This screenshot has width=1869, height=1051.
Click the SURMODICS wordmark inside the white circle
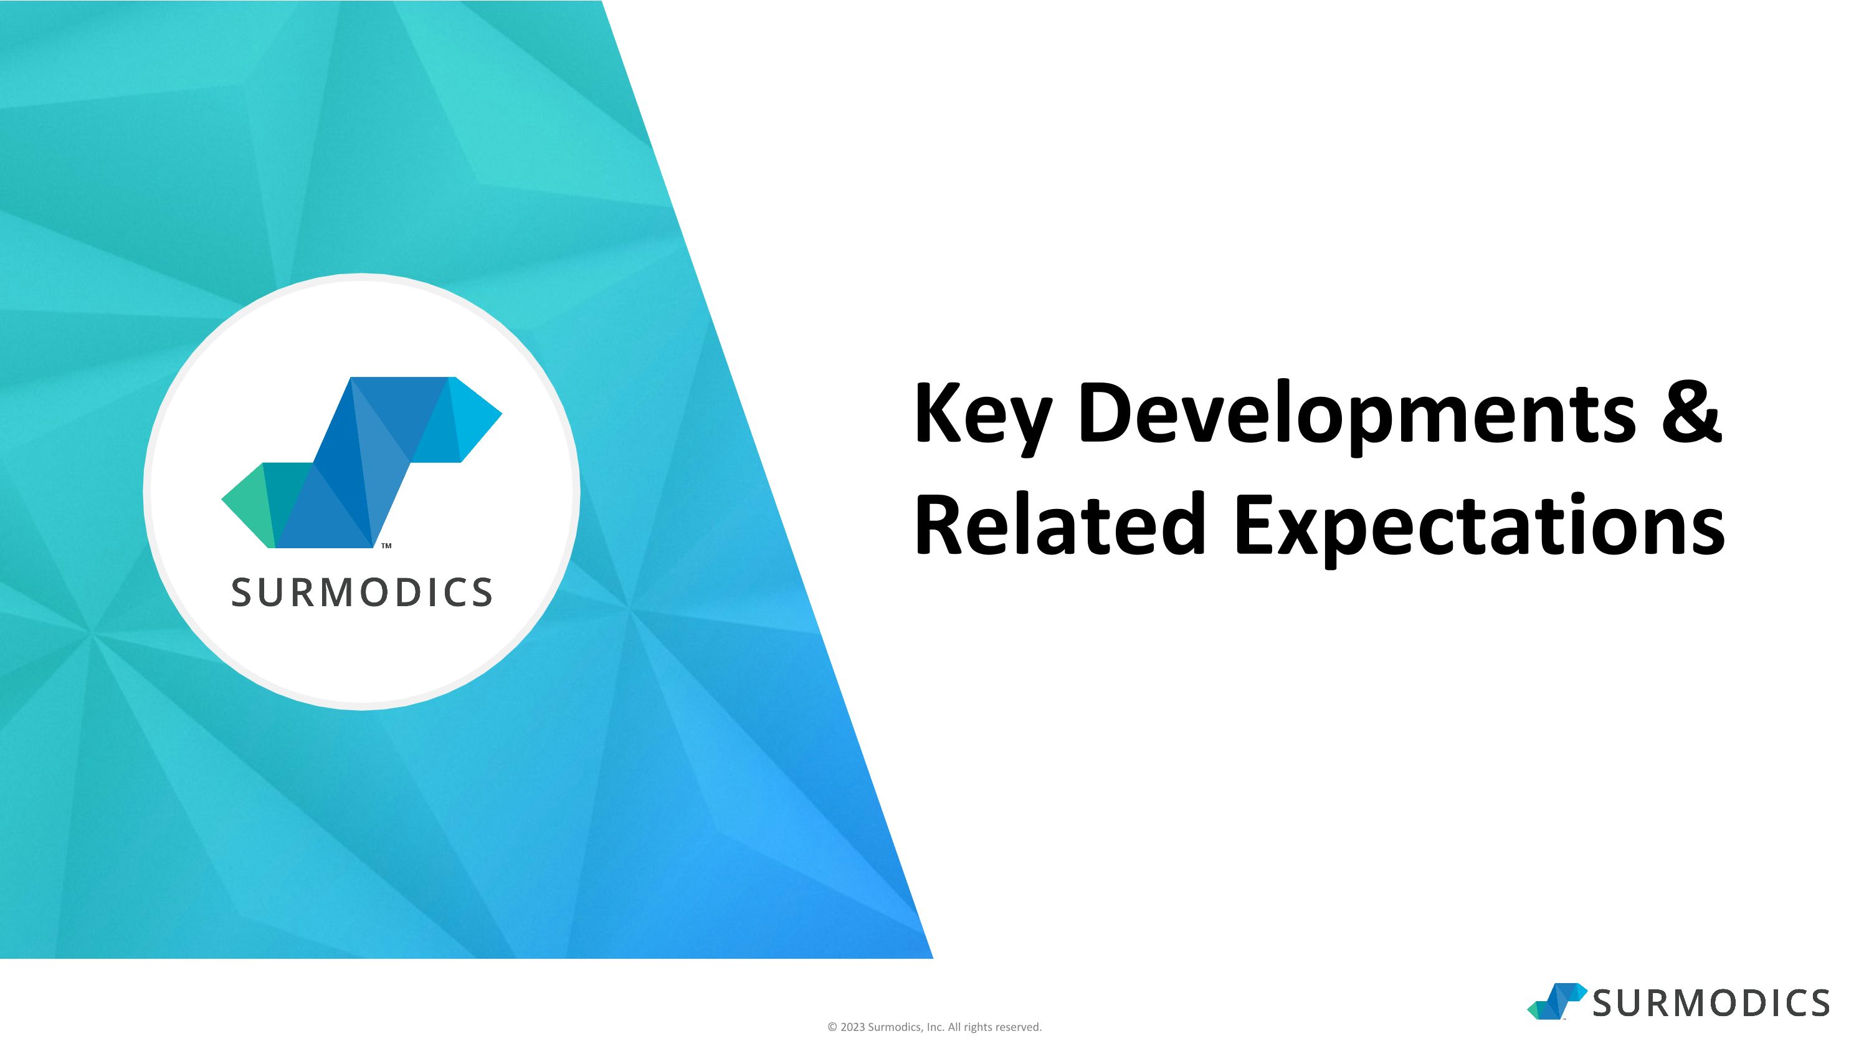(362, 592)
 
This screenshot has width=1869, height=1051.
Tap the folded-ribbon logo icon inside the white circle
(361, 462)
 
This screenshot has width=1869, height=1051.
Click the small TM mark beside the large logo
(387, 546)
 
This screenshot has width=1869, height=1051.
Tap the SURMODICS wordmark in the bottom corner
(1711, 1003)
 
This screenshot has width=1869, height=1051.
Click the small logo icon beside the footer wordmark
(1557, 1002)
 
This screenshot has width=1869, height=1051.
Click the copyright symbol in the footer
(832, 1027)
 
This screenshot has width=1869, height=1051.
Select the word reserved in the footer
(1019, 1027)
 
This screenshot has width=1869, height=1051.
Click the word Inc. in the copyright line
(935, 1027)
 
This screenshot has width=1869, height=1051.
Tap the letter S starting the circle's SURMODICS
(241, 592)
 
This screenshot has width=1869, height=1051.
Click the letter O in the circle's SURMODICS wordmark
(375, 592)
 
